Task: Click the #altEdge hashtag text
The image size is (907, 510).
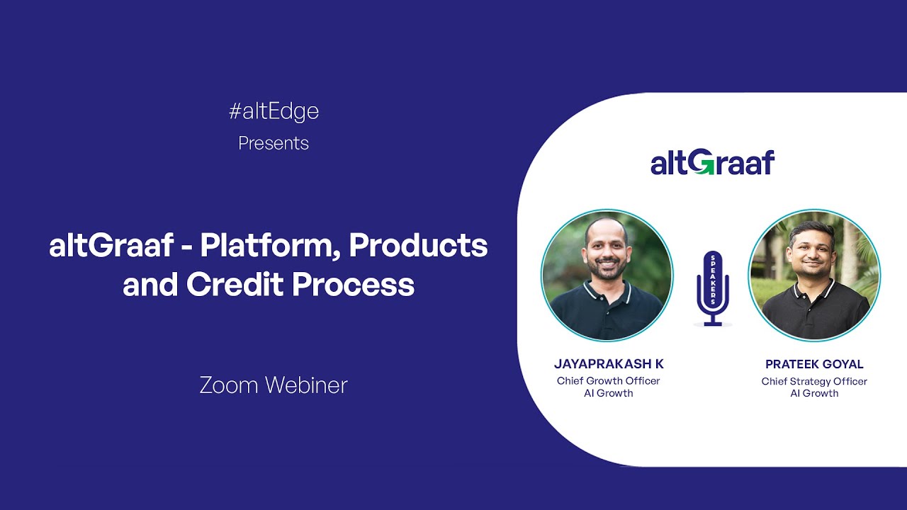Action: (274, 111)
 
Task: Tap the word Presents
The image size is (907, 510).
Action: (274, 143)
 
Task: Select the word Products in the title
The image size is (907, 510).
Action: (418, 246)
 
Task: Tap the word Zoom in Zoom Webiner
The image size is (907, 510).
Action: (230, 385)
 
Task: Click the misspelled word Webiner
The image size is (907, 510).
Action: (307, 385)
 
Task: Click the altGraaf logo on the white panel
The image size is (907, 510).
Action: (712, 162)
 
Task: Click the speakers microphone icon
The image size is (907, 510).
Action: (712, 287)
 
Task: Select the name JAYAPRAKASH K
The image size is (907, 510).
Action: (609, 364)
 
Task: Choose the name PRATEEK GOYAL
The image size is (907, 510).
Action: (814, 364)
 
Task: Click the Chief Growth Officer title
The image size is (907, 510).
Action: (609, 381)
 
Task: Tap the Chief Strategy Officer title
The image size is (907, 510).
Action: (814, 382)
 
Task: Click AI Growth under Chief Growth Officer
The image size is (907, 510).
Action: (609, 393)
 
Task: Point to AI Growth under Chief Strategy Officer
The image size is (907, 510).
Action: (814, 393)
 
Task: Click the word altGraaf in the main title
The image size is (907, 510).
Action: (111, 246)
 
